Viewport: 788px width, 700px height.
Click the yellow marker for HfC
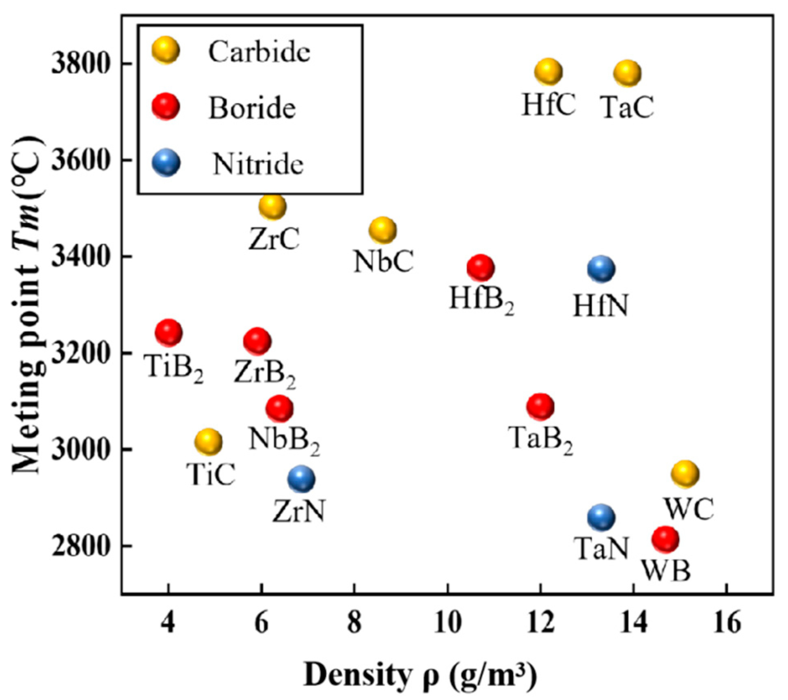tap(548, 71)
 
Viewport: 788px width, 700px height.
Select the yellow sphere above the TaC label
tap(627, 73)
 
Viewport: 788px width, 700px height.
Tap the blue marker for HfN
tap(601, 269)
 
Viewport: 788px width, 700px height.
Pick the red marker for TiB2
tap(168, 332)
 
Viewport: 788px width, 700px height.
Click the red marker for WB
tap(665, 539)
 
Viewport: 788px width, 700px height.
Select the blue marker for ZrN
tap(301, 479)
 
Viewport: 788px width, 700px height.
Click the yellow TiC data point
tap(208, 441)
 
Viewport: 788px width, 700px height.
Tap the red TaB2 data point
tap(540, 406)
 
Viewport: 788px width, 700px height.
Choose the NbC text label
tap(384, 261)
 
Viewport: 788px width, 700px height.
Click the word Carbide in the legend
tap(259, 52)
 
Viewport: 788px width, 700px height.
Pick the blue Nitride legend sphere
tap(166, 163)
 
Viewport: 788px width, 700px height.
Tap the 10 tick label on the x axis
tap(447, 623)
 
